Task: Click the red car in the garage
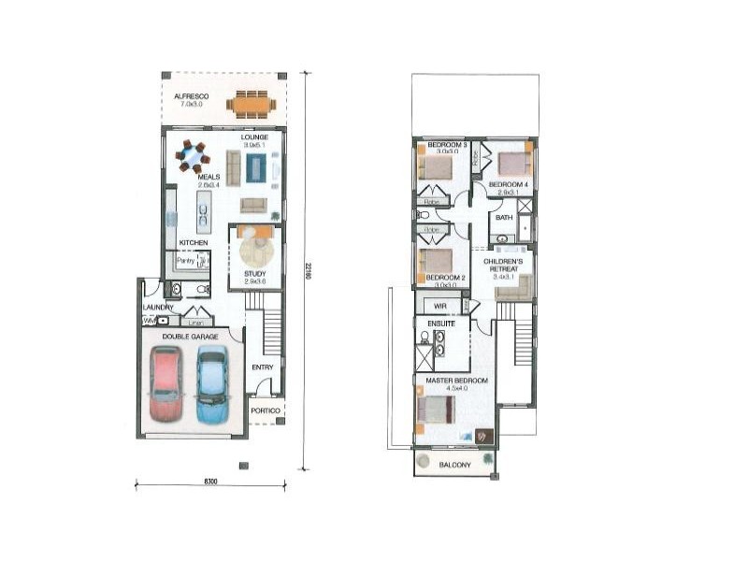[x=166, y=383]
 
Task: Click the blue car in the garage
[x=211, y=383]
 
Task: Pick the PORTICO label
[x=266, y=410]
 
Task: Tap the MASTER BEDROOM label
[x=453, y=381]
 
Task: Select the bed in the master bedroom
[x=437, y=410]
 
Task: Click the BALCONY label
[x=454, y=462]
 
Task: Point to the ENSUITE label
[x=442, y=324]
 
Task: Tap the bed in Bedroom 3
[x=436, y=165]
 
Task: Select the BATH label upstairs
[x=504, y=218]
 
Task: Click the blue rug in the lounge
[x=255, y=168]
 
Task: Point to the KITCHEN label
[x=194, y=242]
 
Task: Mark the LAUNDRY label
[x=158, y=307]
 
